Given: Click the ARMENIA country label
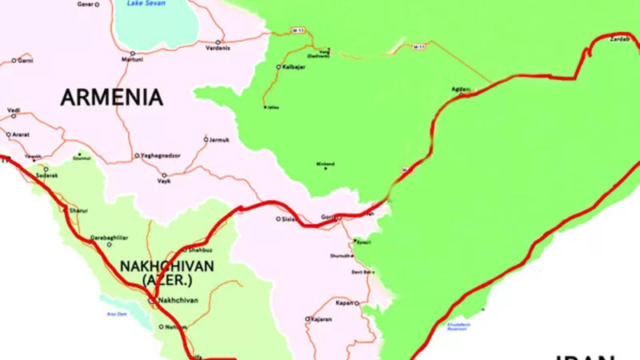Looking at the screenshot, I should pyautogui.click(x=112, y=98).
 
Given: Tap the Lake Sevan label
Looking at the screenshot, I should pyautogui.click(x=143, y=4).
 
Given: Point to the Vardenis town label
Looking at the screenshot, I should pyautogui.click(x=218, y=48).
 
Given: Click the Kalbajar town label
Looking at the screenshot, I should pyautogui.click(x=294, y=66).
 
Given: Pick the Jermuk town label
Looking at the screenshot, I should pyautogui.click(x=219, y=140).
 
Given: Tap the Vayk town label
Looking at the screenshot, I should pyautogui.click(x=164, y=182).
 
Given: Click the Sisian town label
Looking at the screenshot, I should pyautogui.click(x=290, y=218).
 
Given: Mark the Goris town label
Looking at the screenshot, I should pyautogui.click(x=329, y=217).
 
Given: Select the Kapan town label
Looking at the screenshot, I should pyautogui.click(x=344, y=303).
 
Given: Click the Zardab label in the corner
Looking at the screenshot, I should pyautogui.click(x=620, y=38).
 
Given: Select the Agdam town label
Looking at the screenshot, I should pyautogui.click(x=461, y=89).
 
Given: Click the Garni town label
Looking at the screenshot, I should pyautogui.click(x=26, y=60).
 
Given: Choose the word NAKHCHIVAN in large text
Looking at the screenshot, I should pyautogui.click(x=166, y=266).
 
